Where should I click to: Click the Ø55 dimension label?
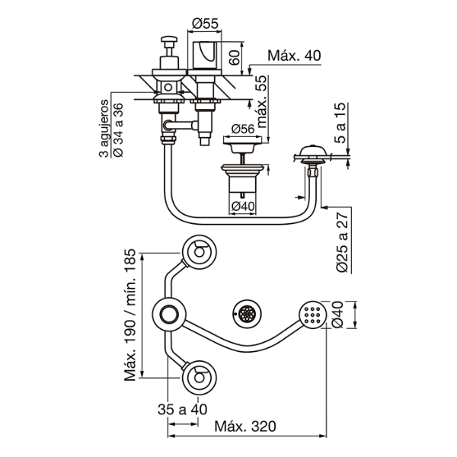click(206, 24)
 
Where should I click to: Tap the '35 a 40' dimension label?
click(182, 409)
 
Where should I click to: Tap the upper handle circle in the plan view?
click(200, 251)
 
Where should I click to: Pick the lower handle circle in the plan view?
click(200, 374)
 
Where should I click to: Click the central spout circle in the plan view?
click(169, 312)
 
